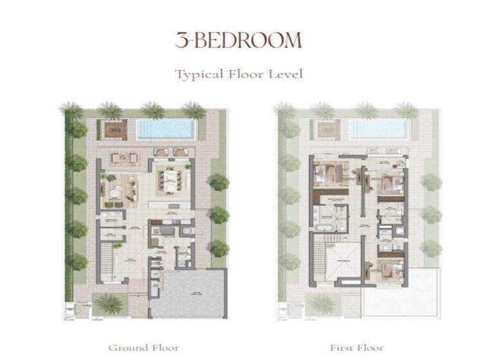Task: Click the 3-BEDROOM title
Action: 238,40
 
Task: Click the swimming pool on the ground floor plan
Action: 165,129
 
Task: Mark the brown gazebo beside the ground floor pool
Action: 116,129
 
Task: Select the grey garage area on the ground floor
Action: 188,293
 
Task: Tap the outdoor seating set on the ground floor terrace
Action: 124,157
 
